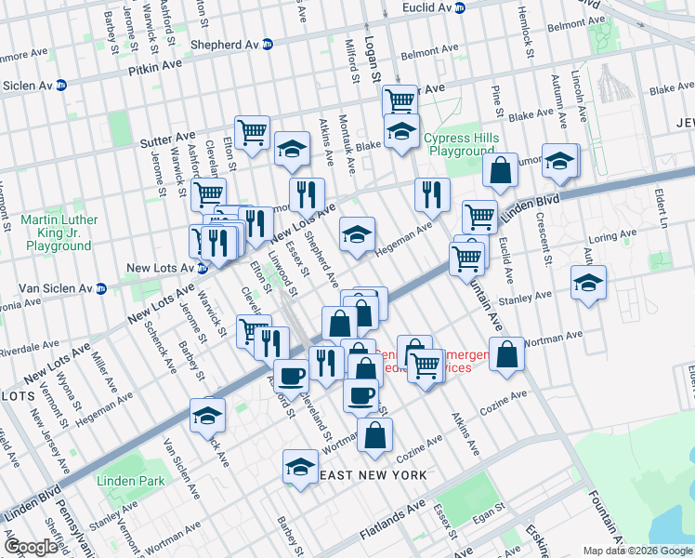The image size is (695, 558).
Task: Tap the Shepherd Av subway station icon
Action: (x=268, y=44)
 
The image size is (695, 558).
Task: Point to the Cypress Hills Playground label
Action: (x=461, y=144)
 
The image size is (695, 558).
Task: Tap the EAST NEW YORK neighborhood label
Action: (x=373, y=475)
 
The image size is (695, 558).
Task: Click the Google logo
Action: (x=31, y=547)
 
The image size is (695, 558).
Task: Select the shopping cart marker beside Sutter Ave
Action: (x=252, y=132)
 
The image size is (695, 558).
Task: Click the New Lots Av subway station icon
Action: (x=201, y=269)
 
